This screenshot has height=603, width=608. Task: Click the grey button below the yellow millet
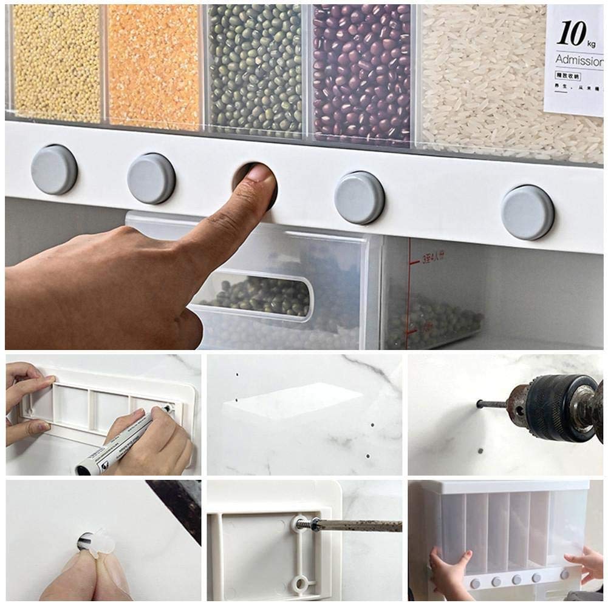click(x=54, y=169)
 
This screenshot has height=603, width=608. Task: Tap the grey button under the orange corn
click(x=151, y=178)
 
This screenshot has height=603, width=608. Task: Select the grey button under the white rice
click(x=527, y=212)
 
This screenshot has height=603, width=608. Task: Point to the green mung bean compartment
click(x=255, y=67)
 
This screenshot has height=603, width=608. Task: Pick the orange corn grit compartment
click(x=154, y=64)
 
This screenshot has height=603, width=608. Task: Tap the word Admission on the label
click(x=579, y=61)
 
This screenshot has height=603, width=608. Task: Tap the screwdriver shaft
click(x=358, y=525)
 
